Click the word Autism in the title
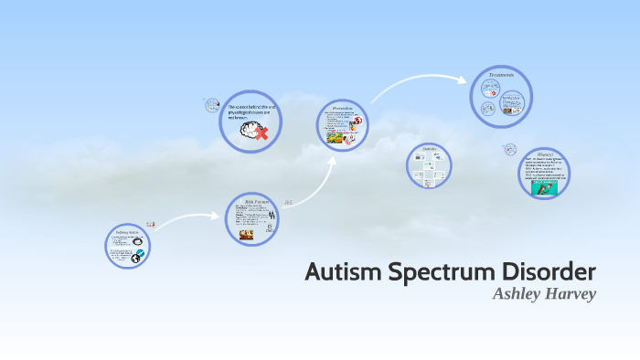(342, 272)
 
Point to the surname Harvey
(573, 293)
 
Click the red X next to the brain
(262, 134)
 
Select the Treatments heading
(501, 75)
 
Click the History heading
(545, 154)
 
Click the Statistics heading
(429, 149)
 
